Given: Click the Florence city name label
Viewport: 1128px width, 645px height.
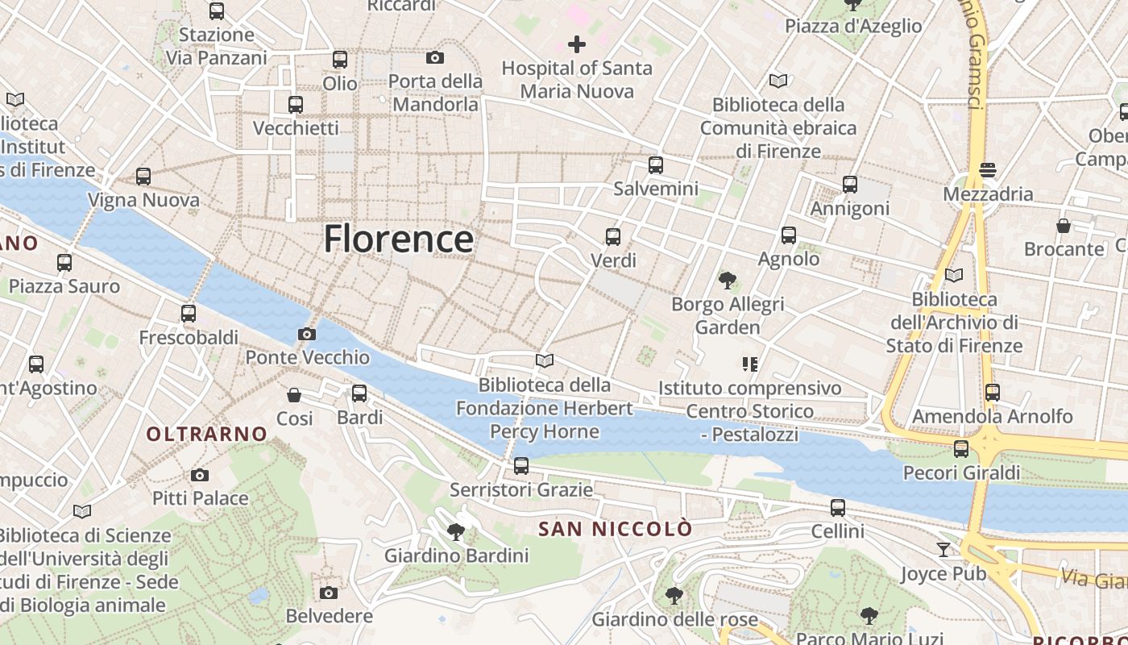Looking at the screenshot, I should [399, 239].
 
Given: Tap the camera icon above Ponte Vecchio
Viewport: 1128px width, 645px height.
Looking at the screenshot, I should [306, 334].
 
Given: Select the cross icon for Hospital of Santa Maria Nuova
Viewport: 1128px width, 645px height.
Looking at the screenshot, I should [577, 44].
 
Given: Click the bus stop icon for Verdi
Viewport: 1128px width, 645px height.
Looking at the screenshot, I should [613, 237].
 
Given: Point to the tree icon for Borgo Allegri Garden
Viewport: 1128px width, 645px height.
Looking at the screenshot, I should [728, 281].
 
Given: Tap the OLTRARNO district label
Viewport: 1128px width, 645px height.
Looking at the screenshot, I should [206, 434].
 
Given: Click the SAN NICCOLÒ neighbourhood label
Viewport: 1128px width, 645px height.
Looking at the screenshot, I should [615, 529].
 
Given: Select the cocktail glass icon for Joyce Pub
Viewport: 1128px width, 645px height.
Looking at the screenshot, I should [943, 550].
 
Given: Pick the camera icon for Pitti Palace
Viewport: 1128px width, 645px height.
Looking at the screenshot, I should [200, 475].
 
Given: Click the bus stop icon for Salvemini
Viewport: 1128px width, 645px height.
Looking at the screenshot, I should [656, 165].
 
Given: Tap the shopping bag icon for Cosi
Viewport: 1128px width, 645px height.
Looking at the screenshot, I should [294, 395].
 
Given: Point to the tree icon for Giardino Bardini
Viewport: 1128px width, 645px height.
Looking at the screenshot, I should [456, 531].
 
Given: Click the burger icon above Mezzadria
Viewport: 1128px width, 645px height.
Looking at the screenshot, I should [988, 170].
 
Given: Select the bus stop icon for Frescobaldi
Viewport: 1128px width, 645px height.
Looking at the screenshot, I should [189, 314].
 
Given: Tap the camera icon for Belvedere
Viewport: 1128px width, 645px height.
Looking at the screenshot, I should [329, 593].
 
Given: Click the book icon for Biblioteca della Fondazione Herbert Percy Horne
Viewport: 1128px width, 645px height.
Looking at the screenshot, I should [545, 360].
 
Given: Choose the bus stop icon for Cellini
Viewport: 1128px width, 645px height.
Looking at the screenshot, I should [838, 508].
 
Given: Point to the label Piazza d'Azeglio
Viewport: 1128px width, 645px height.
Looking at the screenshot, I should [853, 26].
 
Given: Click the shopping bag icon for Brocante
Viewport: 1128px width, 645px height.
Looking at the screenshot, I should [1064, 226].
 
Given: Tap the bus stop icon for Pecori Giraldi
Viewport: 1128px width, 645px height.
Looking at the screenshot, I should [961, 449].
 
